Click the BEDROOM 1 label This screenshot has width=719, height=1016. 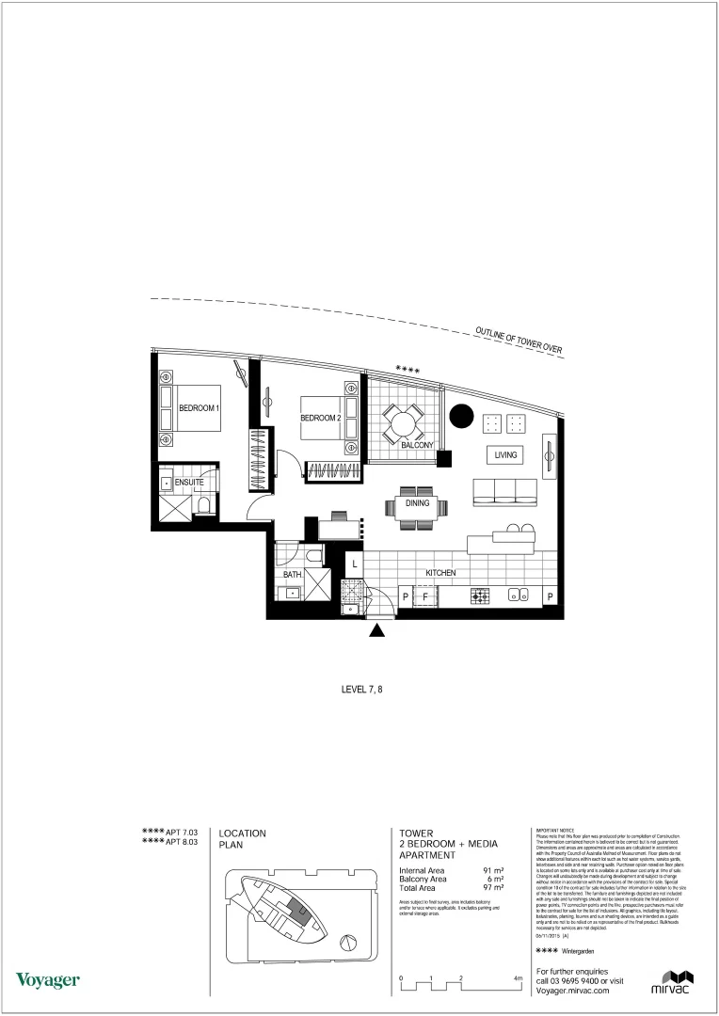[x=199, y=408]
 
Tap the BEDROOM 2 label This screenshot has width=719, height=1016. [x=320, y=418]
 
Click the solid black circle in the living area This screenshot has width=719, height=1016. [x=461, y=415]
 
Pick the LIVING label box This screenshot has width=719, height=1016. [x=505, y=455]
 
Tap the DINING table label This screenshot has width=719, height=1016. [x=417, y=503]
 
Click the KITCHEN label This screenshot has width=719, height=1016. [x=440, y=573]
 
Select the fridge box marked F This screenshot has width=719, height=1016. [x=424, y=596]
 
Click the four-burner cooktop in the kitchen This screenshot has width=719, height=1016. [x=480, y=595]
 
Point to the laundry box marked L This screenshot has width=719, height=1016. [x=354, y=564]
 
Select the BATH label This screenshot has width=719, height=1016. [x=292, y=574]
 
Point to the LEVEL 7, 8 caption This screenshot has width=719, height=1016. [x=362, y=690]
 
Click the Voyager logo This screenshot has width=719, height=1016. [x=47, y=981]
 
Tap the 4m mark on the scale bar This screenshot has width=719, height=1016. [x=519, y=978]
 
